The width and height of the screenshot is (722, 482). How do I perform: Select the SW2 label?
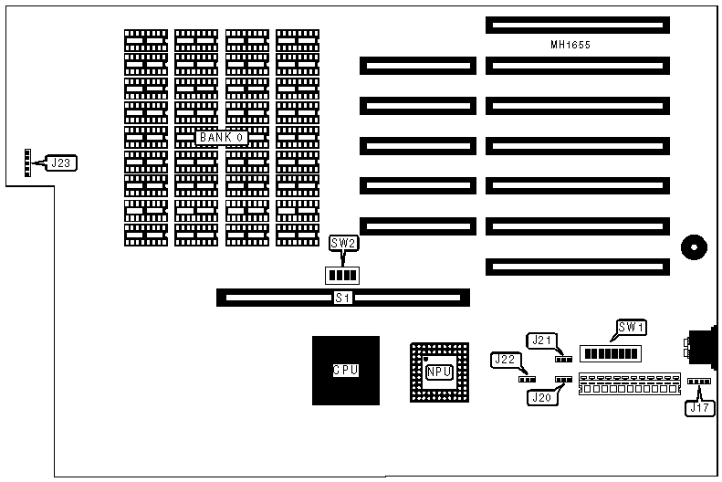[343, 244]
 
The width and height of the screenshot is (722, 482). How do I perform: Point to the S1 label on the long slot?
[343, 298]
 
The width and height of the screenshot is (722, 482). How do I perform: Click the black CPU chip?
[345, 371]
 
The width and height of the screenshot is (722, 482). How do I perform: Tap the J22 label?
[505, 360]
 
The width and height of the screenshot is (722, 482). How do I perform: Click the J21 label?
[544, 341]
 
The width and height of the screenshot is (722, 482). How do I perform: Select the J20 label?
[539, 397]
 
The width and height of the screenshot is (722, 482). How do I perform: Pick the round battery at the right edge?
[693, 246]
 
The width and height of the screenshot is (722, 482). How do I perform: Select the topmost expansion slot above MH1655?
[577, 25]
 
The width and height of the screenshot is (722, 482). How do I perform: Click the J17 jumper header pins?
[698, 382]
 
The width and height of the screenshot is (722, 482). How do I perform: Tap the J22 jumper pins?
[527, 378]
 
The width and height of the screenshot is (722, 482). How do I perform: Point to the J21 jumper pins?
[563, 359]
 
